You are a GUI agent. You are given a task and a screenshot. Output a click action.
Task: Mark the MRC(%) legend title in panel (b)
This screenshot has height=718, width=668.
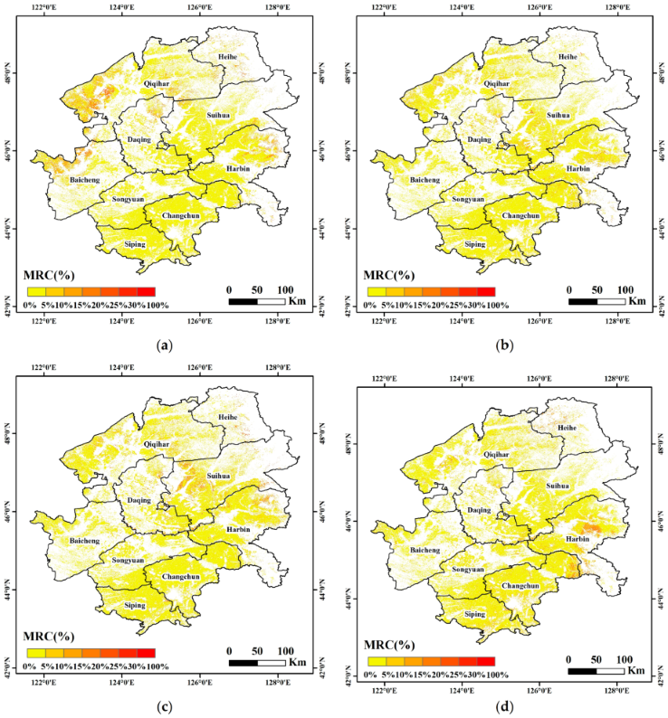point(388,274)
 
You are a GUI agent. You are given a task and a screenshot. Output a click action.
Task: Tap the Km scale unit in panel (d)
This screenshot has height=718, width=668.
point(637,670)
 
